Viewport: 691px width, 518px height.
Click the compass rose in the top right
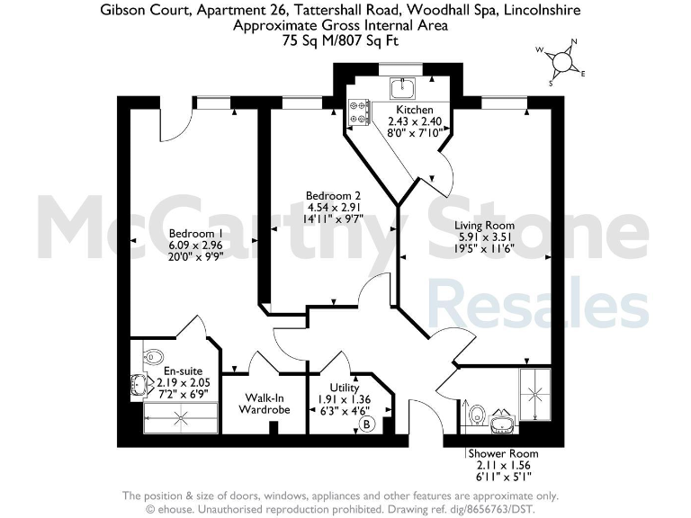click(x=564, y=61)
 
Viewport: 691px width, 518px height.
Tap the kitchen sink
click(x=401, y=87)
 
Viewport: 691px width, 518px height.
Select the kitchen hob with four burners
click(x=361, y=111)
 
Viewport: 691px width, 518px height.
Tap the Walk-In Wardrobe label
click(x=264, y=403)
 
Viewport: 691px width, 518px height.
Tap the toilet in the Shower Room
click(x=479, y=415)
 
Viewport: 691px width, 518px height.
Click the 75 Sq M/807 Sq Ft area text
click(x=340, y=40)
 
